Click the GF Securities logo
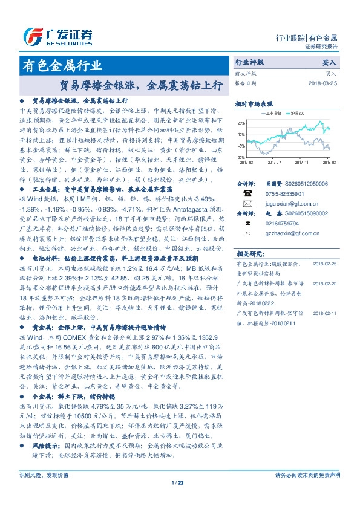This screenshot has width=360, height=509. click(x=57, y=36)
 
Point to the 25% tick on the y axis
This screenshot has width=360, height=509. click(x=241, y=123)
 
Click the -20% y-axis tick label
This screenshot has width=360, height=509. click(x=241, y=157)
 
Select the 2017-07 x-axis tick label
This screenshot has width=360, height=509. click(x=274, y=162)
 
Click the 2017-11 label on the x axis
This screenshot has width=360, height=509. click(x=302, y=162)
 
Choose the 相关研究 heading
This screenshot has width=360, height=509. click(x=247, y=254)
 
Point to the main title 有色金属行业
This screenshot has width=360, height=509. click(x=62, y=65)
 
